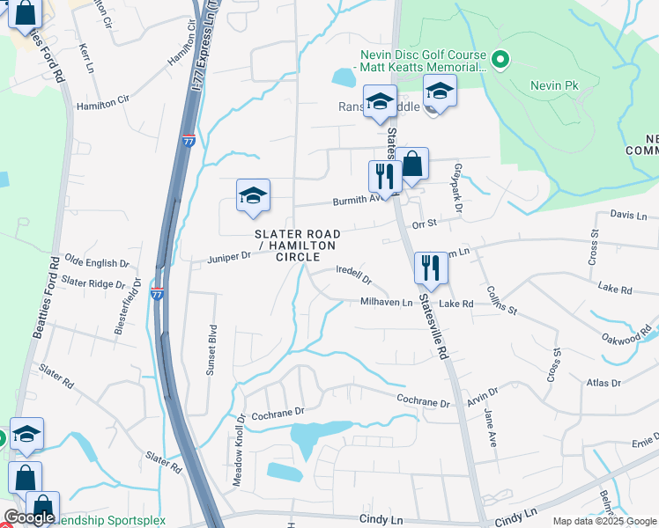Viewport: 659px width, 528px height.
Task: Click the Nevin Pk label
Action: [x=552, y=86]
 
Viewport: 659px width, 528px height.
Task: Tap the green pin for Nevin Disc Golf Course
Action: [x=500, y=60]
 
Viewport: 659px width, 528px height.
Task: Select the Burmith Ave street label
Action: [x=360, y=201]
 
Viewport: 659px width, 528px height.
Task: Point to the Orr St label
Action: [x=425, y=224]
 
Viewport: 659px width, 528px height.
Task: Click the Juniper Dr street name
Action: [x=229, y=257]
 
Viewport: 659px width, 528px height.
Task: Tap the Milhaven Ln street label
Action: [x=386, y=303]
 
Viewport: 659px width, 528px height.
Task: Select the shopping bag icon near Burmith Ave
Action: [x=411, y=163]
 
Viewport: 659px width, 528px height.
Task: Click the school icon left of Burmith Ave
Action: [x=253, y=195]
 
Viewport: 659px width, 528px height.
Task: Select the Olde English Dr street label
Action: [x=97, y=263]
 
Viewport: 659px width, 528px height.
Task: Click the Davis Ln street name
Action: [x=628, y=215]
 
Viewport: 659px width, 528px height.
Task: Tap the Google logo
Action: [x=29, y=517]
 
